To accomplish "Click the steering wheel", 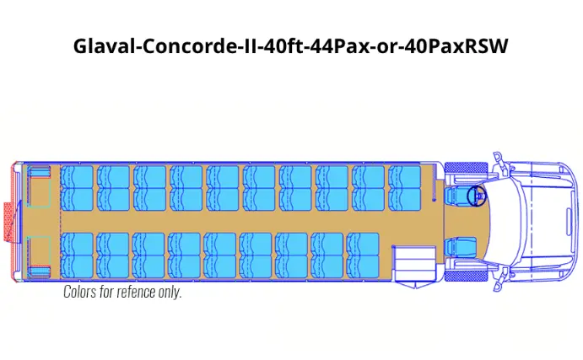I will [x=477, y=196].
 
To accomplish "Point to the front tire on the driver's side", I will [x=461, y=168].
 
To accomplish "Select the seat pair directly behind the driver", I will [x=404, y=188].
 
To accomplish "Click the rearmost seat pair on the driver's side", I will [x=77, y=188].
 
